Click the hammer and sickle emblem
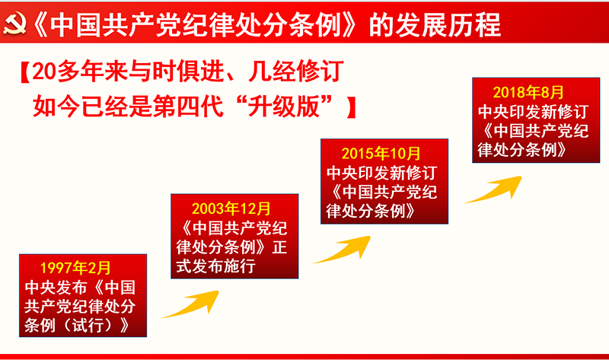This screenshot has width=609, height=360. pyautogui.click(x=14, y=24)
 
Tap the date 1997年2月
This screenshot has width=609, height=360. pyautogui.click(x=75, y=268)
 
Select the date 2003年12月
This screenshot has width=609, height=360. pyautogui.click(x=231, y=209)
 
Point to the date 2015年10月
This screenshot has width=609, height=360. pyautogui.click(x=381, y=154)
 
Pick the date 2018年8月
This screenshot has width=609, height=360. pyautogui.click(x=528, y=92)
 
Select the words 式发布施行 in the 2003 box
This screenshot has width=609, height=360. pyautogui.click(x=216, y=266)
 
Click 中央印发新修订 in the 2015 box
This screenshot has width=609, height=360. pyautogui.click(x=382, y=173)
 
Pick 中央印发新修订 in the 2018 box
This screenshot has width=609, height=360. pyautogui.click(x=534, y=111)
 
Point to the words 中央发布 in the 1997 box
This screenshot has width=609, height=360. pyautogui.click(x=56, y=288)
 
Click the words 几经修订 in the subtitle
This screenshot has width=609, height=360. pyautogui.click(x=296, y=72)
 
